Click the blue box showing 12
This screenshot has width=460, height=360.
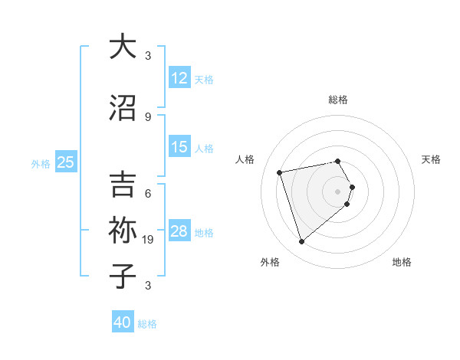[x=179, y=78]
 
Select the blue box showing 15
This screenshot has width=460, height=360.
[x=179, y=147]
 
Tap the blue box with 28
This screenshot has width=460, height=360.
[x=179, y=232]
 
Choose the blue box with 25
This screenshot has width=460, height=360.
[x=66, y=162]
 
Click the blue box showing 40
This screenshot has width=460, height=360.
[x=123, y=322]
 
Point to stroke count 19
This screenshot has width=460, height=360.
[x=150, y=240]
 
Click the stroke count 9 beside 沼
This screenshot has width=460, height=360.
[x=148, y=116]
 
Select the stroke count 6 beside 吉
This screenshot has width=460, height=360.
[x=148, y=194]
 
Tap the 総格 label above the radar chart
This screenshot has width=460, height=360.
[x=338, y=100]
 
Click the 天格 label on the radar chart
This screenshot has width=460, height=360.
[x=431, y=159]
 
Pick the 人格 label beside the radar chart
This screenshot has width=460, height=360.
[x=245, y=159]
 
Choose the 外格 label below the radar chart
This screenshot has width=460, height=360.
[x=270, y=262]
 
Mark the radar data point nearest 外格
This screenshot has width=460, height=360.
[x=302, y=242]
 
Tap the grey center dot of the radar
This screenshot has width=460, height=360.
[x=337, y=191]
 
